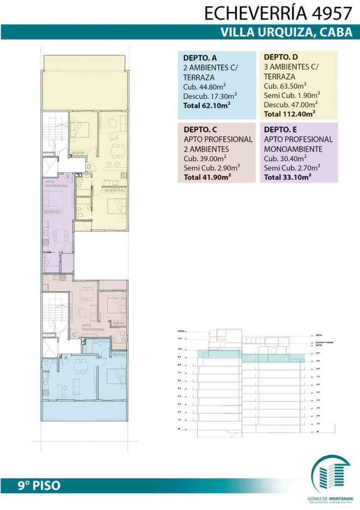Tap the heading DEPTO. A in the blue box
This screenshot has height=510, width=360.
[x=200, y=57]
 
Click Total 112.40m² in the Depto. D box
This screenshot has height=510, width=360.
[x=289, y=114]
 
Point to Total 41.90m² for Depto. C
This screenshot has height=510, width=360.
[x=207, y=177]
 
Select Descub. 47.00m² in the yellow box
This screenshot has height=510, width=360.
[x=290, y=104]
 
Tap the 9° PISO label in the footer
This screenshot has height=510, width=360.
[x=39, y=485]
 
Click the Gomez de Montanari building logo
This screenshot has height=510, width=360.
[x=331, y=475]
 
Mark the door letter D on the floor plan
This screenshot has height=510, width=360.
[x=88, y=166]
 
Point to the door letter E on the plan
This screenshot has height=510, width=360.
[x=68, y=176]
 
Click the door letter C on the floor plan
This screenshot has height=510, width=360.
[x=74, y=334]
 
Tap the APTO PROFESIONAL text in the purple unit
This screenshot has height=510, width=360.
[x=57, y=184]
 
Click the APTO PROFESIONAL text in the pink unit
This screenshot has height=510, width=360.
[x=93, y=328]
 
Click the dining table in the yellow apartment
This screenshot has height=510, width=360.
[x=117, y=151]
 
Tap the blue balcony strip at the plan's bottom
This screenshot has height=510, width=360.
[x=85, y=411]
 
